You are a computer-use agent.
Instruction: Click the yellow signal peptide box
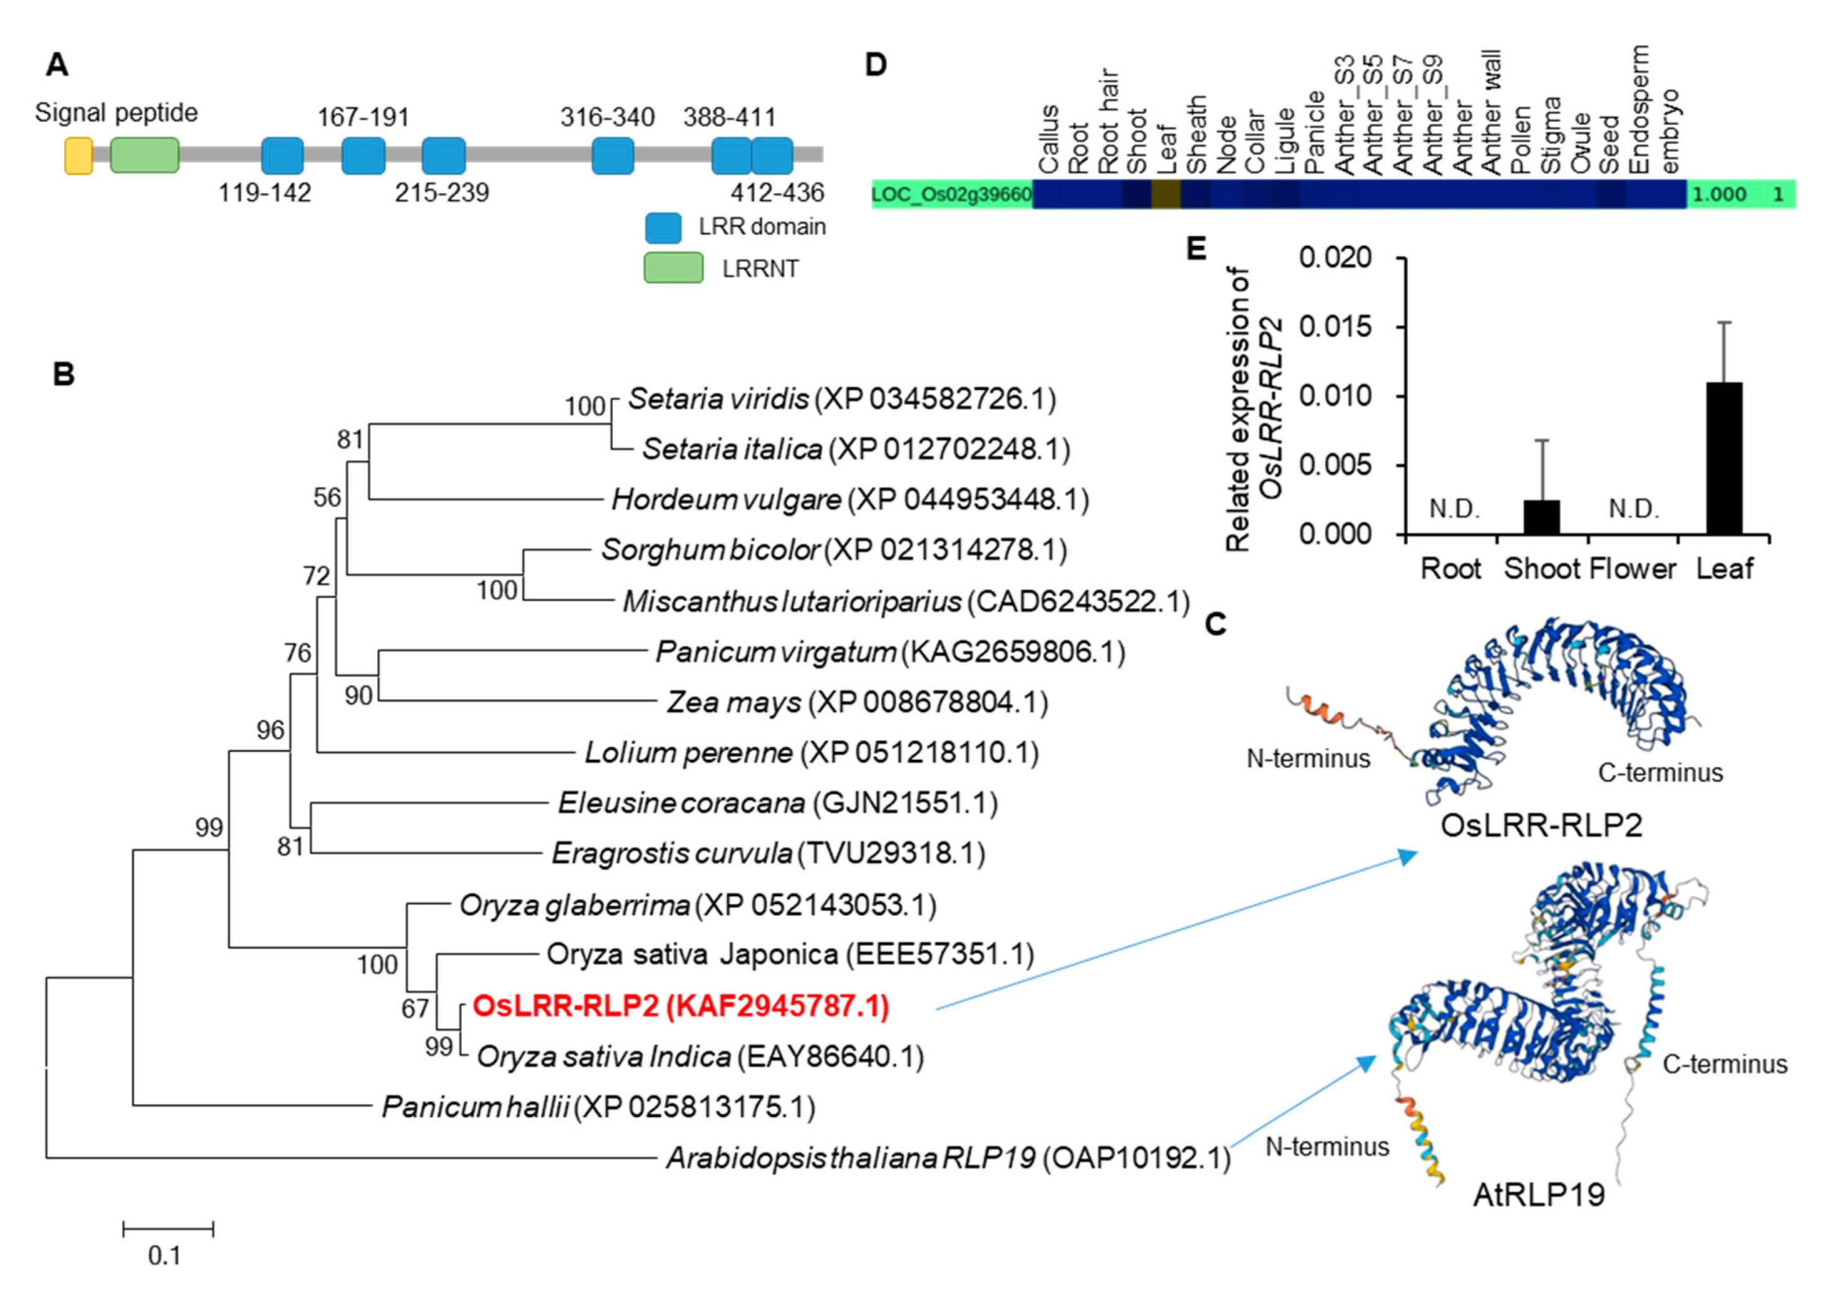[78, 155]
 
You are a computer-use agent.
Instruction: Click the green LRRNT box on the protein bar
[144, 155]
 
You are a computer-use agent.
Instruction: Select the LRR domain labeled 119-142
[282, 155]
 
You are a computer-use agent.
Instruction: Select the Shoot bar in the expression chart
[1541, 517]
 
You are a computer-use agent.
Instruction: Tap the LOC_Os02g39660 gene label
[951, 194]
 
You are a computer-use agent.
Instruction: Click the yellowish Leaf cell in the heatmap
[1166, 194]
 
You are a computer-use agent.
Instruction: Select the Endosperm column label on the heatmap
[1638, 109]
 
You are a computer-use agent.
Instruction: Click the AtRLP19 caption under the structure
[1538, 1195]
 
